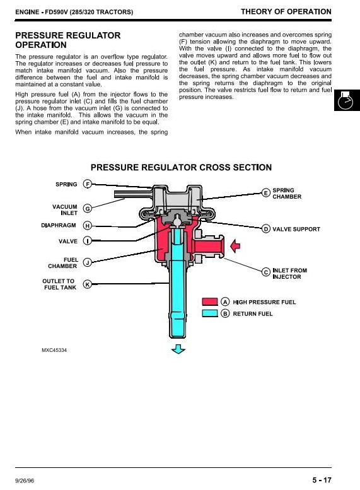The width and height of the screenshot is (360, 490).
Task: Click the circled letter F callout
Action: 88,184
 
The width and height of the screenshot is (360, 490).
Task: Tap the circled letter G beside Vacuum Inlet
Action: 88,209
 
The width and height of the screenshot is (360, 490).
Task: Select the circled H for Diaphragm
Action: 88,225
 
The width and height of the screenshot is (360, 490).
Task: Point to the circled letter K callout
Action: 88,284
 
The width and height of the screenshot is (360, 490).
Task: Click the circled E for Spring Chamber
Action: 265,193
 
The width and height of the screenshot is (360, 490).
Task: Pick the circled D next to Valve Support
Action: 265,229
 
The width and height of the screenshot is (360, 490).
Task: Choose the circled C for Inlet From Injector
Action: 265,272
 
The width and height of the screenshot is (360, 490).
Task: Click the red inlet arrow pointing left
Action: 235,245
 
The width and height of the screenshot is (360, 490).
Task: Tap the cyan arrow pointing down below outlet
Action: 178,349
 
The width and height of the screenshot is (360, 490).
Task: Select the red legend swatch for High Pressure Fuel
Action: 210,301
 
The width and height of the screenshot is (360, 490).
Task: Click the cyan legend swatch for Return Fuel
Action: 210,313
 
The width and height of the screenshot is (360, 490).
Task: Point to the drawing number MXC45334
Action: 54,350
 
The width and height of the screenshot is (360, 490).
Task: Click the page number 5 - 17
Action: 322,480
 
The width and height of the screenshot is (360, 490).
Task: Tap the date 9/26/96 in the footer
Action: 25,481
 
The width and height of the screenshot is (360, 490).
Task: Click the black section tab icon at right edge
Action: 347,100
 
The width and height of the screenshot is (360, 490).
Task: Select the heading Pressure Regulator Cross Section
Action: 181,167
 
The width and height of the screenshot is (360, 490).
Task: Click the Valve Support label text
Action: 296,229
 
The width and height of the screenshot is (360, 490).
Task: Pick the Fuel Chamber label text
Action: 63,263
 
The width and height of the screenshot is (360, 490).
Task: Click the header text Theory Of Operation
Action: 286,11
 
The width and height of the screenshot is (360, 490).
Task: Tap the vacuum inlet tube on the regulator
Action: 134,194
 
